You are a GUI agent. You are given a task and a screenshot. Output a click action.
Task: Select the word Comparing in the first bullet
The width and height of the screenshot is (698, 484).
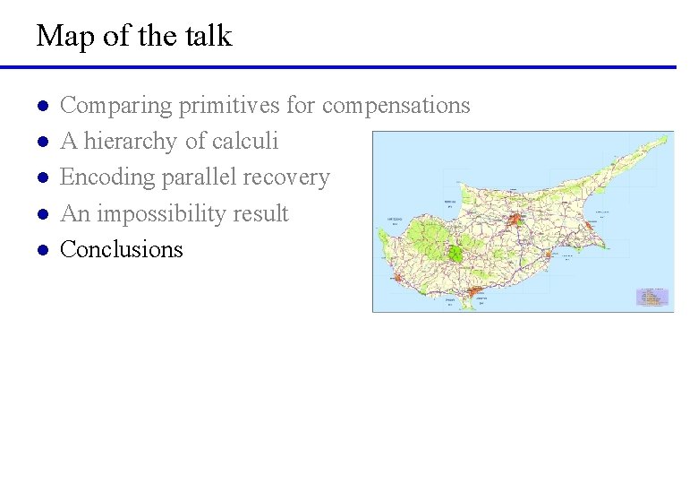pyautogui.click(x=115, y=106)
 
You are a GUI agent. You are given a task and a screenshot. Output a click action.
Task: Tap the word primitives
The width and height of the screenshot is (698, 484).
pyautogui.click(x=229, y=106)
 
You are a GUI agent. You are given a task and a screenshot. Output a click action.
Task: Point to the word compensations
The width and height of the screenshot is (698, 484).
pyautogui.click(x=396, y=106)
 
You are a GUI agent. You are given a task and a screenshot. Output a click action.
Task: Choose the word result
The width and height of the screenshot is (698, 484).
pyautogui.click(x=260, y=214)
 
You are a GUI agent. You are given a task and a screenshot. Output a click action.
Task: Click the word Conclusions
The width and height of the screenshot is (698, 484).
pyautogui.click(x=121, y=249)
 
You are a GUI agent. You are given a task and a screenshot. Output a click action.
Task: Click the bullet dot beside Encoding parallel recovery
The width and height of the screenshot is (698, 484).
pyautogui.click(x=41, y=178)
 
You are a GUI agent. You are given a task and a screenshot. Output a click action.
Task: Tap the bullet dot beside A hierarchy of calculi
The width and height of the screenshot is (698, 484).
pyautogui.click(x=41, y=143)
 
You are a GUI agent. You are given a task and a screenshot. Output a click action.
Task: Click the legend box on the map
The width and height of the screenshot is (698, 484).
pyautogui.click(x=651, y=297)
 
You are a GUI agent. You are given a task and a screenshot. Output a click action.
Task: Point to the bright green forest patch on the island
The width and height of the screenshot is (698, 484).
pyautogui.click(x=455, y=252)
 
